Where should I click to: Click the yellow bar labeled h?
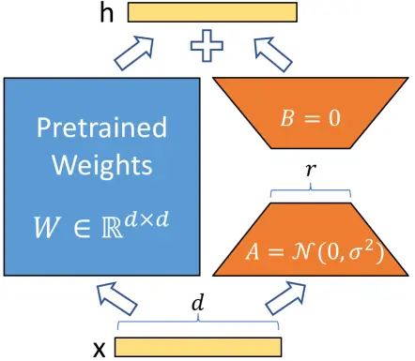tap(213, 12)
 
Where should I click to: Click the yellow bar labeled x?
tap(198, 348)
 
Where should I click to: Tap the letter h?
tap(109, 12)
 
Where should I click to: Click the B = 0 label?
tap(312, 117)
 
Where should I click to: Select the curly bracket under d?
tap(197, 324)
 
